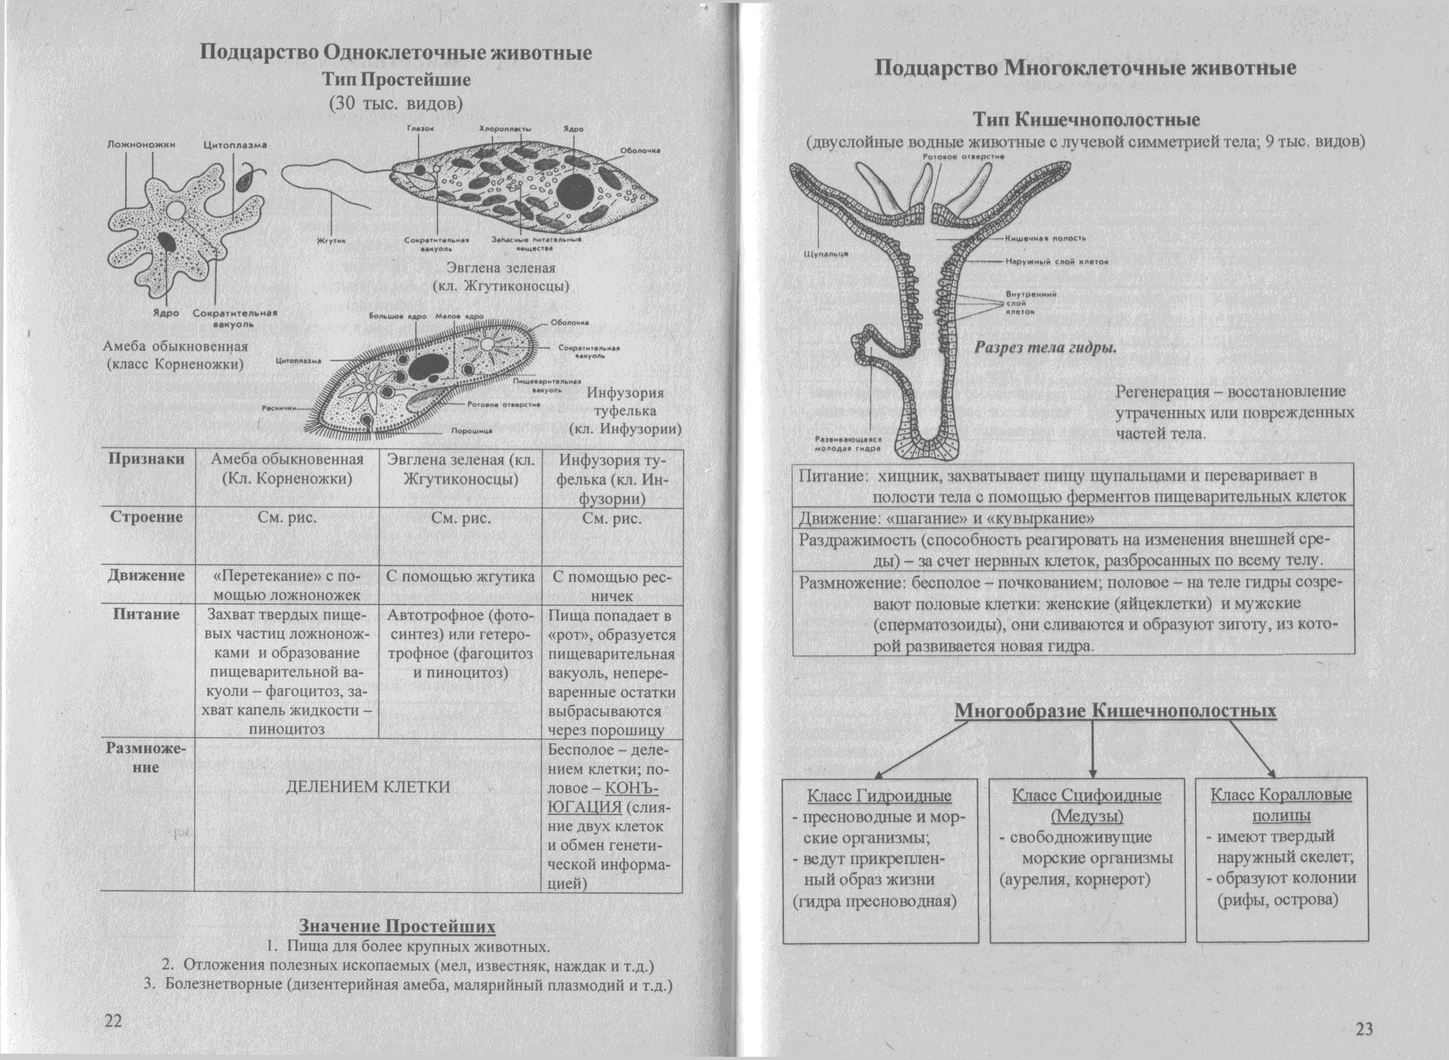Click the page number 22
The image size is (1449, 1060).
point(113,1021)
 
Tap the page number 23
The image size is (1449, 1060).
point(1364,1028)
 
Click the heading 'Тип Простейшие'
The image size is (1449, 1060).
point(396,80)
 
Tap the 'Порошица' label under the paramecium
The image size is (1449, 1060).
point(472,431)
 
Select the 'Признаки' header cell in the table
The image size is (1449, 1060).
point(147,459)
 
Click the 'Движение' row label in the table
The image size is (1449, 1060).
point(147,576)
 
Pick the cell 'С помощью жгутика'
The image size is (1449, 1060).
point(460,577)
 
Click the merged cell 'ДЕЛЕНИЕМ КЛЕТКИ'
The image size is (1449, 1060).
point(368,786)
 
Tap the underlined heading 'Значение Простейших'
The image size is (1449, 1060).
point(397,926)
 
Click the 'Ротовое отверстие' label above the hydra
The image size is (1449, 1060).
point(963,156)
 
